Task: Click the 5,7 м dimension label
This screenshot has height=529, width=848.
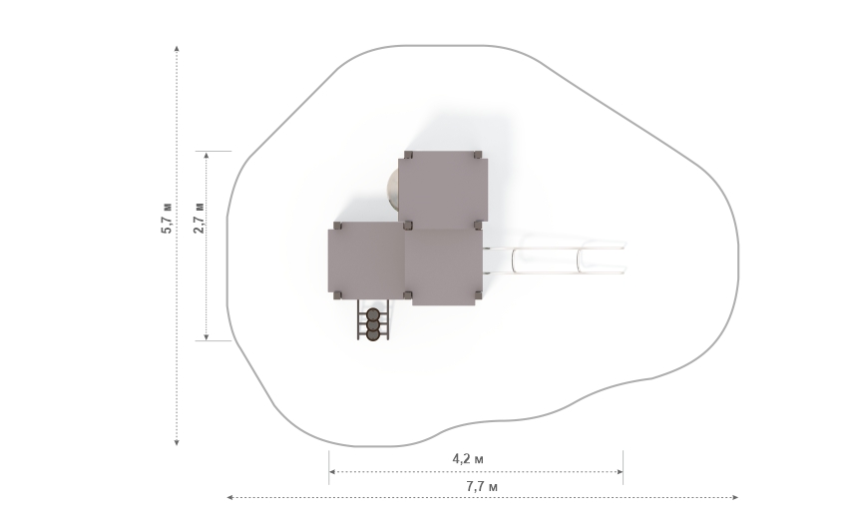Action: coord(168,218)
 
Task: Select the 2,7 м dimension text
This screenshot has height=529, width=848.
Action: coord(199,218)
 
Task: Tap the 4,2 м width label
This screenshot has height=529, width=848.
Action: coord(468,459)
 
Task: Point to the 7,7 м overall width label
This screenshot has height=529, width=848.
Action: coord(482,487)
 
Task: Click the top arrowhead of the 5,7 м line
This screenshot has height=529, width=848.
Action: coord(177,49)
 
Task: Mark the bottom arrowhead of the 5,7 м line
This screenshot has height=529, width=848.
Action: coord(177,443)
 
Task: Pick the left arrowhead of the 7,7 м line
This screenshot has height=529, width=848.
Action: coord(229,497)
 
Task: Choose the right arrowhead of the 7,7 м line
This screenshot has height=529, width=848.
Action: coord(735,497)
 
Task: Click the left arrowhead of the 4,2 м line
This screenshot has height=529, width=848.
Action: coord(332,472)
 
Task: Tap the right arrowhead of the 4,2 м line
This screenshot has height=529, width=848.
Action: coord(620,472)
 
